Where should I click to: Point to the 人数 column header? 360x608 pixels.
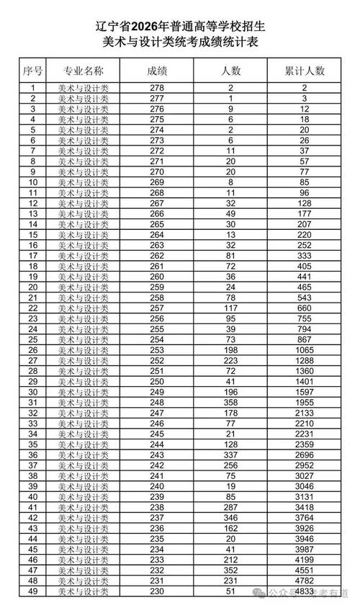[x=231, y=71]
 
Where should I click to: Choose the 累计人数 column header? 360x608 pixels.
[x=305, y=71]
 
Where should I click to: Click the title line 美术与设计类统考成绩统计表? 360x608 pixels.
[x=180, y=43]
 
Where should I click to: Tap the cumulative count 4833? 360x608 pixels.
[x=305, y=591]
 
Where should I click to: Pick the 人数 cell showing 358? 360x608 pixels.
[x=231, y=403]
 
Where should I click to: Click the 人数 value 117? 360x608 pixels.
[x=231, y=308]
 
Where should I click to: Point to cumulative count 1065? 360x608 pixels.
[x=305, y=350]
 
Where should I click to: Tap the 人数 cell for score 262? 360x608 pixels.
[x=231, y=256]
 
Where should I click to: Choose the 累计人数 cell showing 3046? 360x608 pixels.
[x=305, y=486]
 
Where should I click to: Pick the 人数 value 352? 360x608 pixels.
[x=231, y=571]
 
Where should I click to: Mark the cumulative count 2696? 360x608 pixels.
[x=305, y=455]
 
